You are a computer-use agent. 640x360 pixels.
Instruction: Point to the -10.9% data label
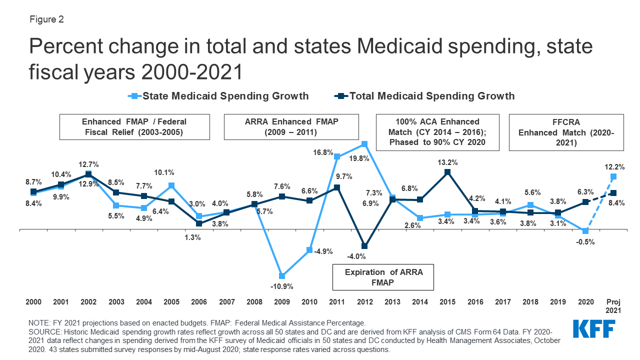tap(282, 286)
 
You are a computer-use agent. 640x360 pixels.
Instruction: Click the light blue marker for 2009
tap(282, 276)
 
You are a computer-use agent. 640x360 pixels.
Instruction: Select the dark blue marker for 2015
tap(447, 172)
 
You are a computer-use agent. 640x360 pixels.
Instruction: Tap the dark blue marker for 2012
tap(364, 246)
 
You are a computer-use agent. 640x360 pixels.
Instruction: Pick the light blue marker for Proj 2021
tap(613, 177)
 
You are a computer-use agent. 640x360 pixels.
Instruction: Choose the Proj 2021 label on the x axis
tap(613, 306)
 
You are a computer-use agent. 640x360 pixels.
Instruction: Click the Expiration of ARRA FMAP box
tap(383, 277)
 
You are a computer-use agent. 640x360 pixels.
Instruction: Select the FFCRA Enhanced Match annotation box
tap(566, 132)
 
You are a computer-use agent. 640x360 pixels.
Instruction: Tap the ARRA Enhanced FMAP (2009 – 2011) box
tap(291, 127)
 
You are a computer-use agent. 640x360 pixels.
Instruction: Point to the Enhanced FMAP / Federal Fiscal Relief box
tap(134, 127)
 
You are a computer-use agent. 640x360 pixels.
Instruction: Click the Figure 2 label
tap(46, 20)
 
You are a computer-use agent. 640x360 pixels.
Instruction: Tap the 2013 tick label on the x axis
tap(392, 302)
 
